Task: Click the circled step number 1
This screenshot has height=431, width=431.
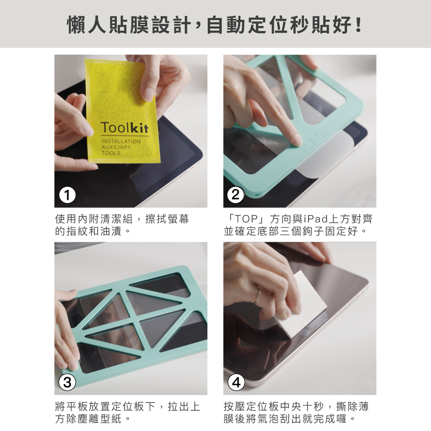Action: [67, 195]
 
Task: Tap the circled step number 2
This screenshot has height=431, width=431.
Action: [236, 195]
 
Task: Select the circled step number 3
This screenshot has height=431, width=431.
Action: [67, 382]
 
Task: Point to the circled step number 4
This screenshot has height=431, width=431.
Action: [236, 382]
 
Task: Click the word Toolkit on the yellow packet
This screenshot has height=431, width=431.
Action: [125, 128]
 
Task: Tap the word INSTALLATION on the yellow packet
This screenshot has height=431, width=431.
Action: [121, 141]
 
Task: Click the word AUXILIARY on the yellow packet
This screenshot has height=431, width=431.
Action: [116, 147]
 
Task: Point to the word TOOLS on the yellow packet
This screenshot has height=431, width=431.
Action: [111, 153]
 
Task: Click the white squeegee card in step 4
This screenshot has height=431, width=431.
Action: [304, 304]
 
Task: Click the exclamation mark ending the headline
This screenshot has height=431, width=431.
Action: [358, 25]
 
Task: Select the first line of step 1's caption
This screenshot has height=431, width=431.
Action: [122, 219]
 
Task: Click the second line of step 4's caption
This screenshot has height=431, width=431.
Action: [290, 419]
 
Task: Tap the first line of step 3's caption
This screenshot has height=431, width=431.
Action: [128, 406]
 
